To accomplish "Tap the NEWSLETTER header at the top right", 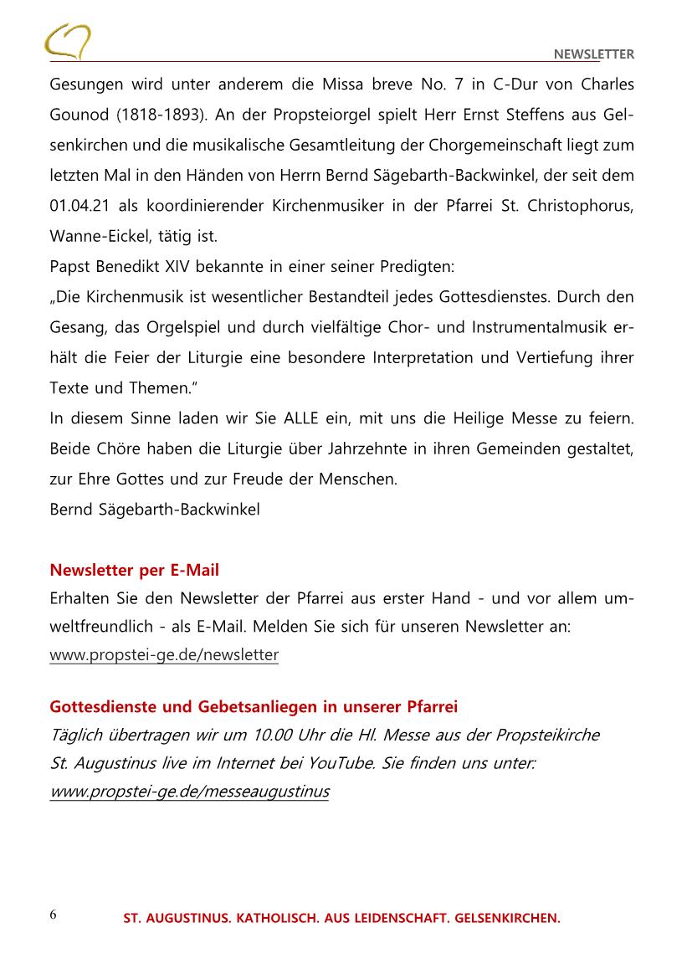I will click(x=594, y=55).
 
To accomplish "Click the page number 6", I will click(x=54, y=914).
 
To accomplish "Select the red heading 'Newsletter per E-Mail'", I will click(x=135, y=571).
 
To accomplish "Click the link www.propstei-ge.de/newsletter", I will click(x=164, y=654).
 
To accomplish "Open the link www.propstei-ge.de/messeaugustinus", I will click(x=189, y=791).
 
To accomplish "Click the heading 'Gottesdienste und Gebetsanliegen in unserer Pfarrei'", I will click(x=254, y=707).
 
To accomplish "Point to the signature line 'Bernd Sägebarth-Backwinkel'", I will click(x=155, y=509).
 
